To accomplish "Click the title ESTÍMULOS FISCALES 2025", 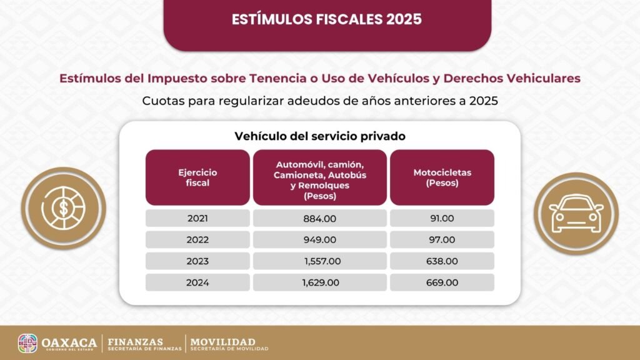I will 327,19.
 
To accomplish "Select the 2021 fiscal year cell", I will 197,218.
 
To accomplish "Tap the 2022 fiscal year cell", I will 197,239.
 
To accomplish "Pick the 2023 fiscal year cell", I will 197,261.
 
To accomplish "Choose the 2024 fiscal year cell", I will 197,282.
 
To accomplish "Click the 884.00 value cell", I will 319,218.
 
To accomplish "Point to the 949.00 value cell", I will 319,239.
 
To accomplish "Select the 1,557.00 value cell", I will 319,261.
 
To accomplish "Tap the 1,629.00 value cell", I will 319,282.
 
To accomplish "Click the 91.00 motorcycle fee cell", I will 442,218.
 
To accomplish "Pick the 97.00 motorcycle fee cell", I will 442,239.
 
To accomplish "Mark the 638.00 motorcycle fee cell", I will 442,261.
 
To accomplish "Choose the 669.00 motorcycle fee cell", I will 442,282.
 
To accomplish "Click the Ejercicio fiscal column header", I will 197,177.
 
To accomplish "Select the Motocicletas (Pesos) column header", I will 442,177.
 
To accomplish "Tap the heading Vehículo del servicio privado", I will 319,136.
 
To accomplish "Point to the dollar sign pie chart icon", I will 63,209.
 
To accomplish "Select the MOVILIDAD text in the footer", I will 223,342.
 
